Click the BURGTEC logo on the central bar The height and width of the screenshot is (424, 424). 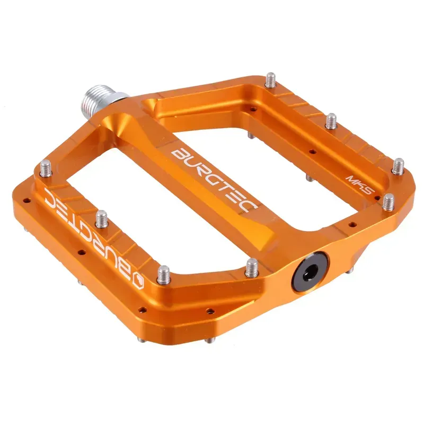(x=212, y=178)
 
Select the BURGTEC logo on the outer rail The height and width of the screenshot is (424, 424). (x=93, y=233)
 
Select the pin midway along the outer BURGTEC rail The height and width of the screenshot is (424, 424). (x=101, y=218)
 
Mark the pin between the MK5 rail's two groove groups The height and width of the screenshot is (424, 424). (x=331, y=121)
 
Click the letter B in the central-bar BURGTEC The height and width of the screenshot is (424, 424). (x=177, y=154)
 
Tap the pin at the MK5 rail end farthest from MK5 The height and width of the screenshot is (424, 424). (x=270, y=81)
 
